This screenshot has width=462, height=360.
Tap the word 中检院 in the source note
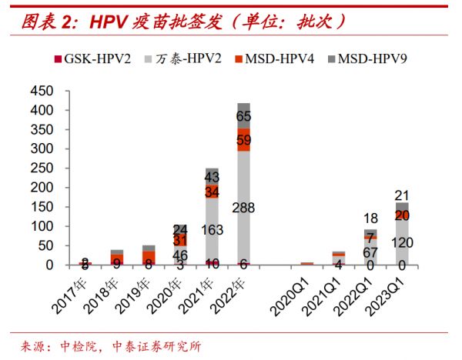point(75,346)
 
